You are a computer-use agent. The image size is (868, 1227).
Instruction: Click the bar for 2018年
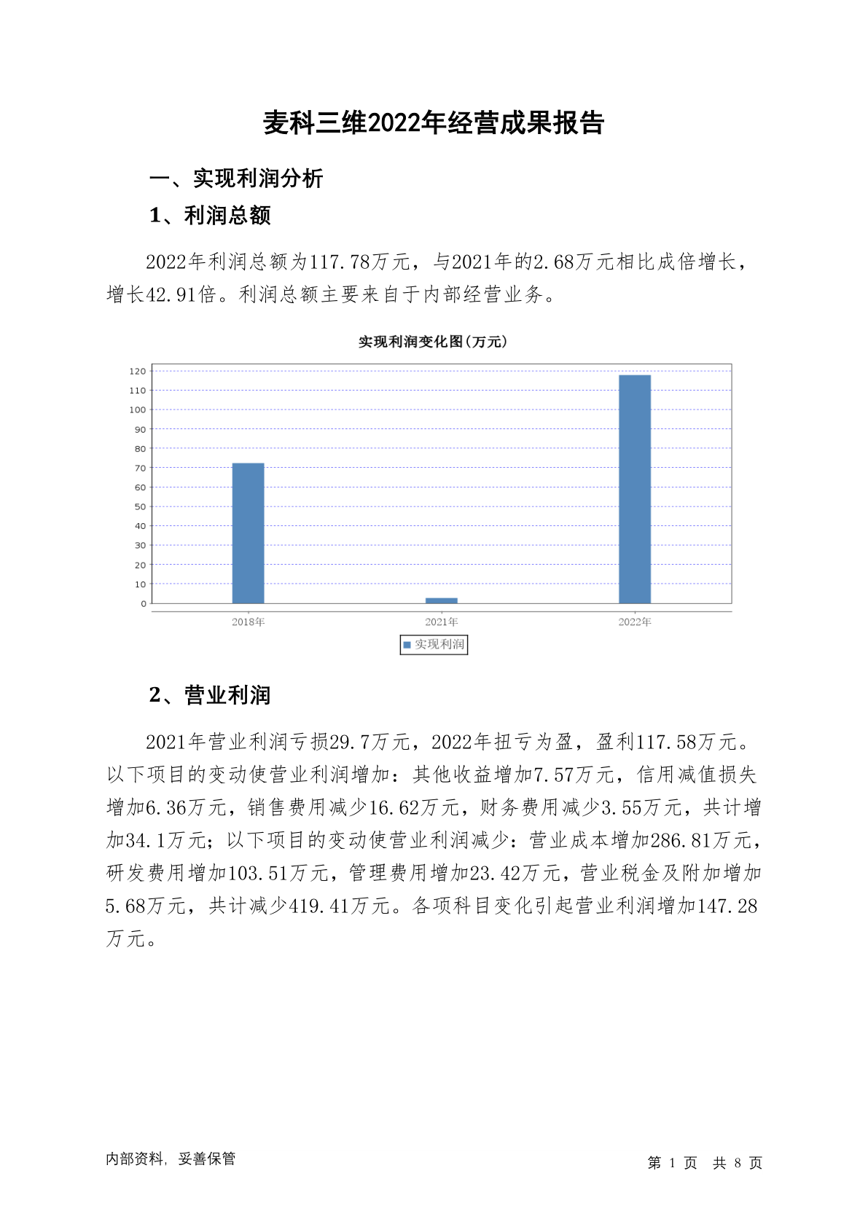pos(248,533)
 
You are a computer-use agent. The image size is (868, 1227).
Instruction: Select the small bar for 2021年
pos(441,600)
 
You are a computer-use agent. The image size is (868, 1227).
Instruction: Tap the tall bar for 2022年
pos(634,489)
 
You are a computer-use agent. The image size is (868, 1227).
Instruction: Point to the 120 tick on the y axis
pos(138,372)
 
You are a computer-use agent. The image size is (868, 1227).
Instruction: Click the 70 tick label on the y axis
pos(140,468)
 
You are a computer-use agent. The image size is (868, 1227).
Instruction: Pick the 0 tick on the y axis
pos(144,603)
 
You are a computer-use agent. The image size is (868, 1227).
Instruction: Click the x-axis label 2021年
pos(441,622)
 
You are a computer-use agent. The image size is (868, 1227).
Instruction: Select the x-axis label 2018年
pos(248,622)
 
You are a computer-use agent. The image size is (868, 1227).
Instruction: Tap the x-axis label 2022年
pos(634,622)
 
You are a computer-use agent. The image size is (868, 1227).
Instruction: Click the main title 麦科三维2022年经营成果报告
pos(434,122)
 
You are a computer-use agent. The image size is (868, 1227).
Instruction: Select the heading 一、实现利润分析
pos(236,178)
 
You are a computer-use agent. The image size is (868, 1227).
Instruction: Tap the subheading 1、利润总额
pos(210,216)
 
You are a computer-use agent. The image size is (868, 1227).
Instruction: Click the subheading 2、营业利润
pos(210,695)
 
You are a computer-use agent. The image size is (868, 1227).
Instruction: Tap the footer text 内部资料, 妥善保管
pos(171,1159)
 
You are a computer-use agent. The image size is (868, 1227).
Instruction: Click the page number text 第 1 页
pos(672,1163)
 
